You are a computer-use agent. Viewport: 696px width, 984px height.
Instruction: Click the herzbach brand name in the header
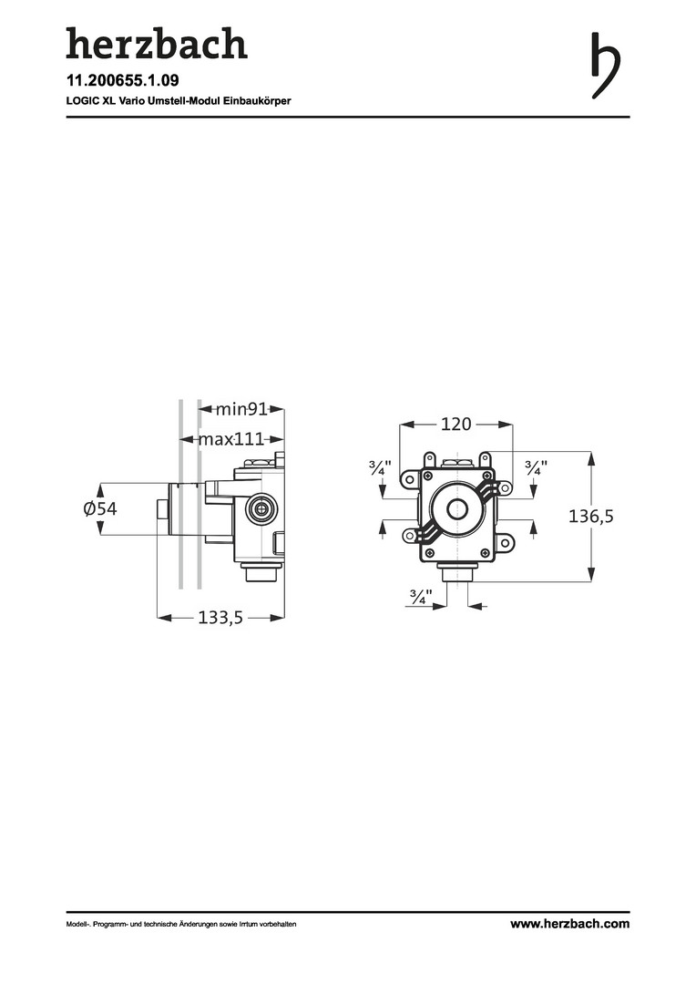[x=156, y=44]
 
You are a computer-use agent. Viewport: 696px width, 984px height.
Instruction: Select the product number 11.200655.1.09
[x=128, y=81]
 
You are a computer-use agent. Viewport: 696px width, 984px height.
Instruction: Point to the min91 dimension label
[x=241, y=409]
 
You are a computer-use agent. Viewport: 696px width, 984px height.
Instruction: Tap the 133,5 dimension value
[x=220, y=618]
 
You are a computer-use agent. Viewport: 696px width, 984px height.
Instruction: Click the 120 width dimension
[x=455, y=424]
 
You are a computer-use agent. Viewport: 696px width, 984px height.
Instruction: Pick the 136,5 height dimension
[x=591, y=517]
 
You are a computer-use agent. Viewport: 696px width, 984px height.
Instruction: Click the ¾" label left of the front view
[x=380, y=468]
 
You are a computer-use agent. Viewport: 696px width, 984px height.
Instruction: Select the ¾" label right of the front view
[x=535, y=468]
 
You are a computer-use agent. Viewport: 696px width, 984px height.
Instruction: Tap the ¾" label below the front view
[x=420, y=598]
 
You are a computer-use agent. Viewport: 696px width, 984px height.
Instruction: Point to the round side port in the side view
[x=262, y=507]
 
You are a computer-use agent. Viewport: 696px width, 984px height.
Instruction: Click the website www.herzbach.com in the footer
[x=569, y=924]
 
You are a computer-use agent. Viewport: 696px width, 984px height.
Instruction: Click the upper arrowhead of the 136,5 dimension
[x=592, y=457]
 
